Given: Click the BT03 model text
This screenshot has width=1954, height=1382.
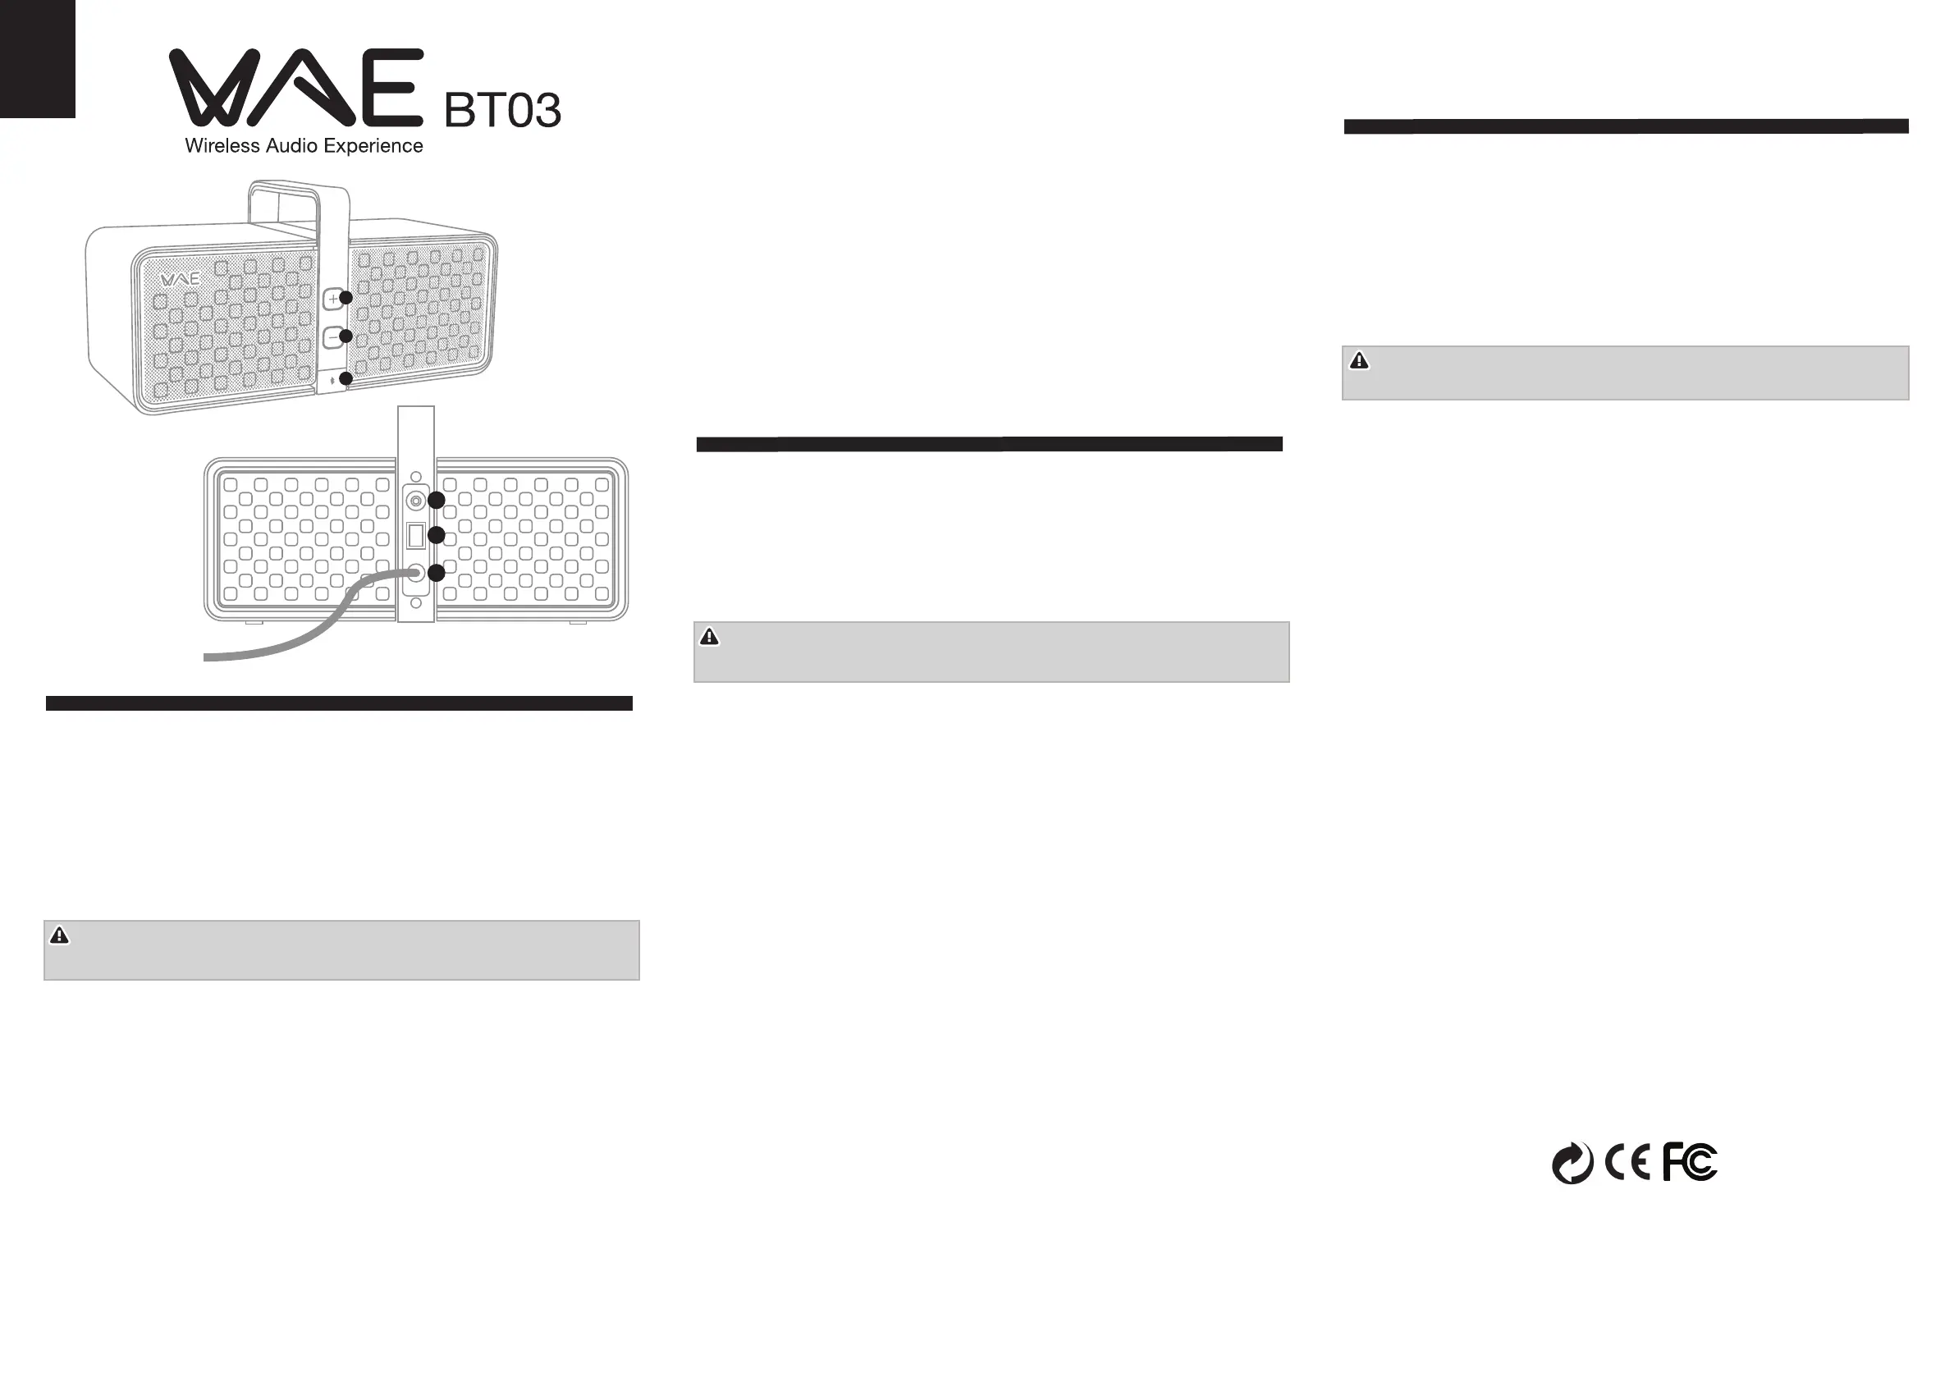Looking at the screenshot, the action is tap(502, 111).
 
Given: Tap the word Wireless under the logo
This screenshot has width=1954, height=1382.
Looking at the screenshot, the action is tap(223, 145).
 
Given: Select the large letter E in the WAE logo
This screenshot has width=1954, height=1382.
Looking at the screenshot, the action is tap(391, 87).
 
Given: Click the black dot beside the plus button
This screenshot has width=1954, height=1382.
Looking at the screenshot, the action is tap(345, 298).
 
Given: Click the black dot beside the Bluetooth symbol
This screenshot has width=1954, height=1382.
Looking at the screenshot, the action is tap(345, 378).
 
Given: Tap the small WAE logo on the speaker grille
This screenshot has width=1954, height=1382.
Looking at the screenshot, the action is tap(180, 279).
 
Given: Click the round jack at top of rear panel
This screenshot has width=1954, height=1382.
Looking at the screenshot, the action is tap(415, 501).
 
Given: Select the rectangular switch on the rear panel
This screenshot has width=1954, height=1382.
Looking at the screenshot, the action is tap(415, 535).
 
